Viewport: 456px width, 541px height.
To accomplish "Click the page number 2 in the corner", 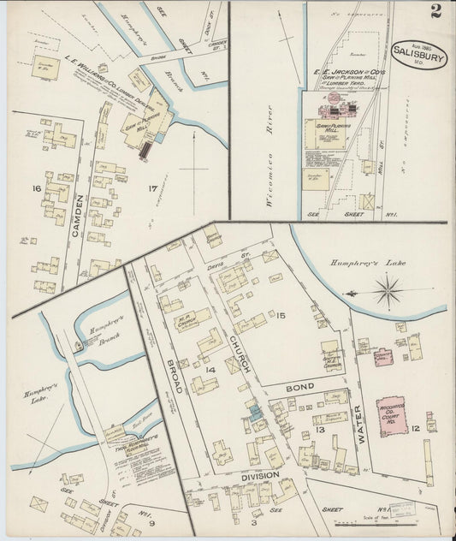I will (x=437, y=11).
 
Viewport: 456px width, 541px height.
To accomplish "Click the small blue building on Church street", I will (x=256, y=413).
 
